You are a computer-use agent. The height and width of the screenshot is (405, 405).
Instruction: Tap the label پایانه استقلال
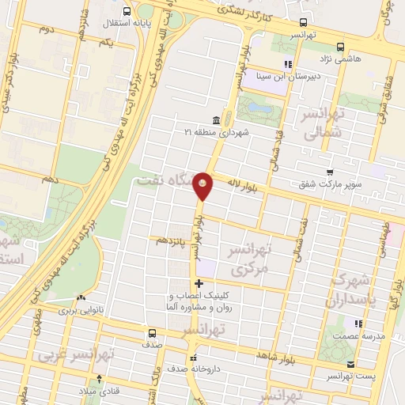coord(103,22)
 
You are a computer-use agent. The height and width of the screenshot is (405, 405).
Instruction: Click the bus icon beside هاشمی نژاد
coord(340,46)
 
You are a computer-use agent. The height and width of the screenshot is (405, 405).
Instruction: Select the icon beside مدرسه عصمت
coord(358,323)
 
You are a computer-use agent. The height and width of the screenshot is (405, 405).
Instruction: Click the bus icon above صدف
coord(150,333)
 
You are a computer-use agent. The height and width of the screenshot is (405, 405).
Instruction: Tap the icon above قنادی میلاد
coord(99,379)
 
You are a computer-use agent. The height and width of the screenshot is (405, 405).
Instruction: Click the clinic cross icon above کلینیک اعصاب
coord(198,282)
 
